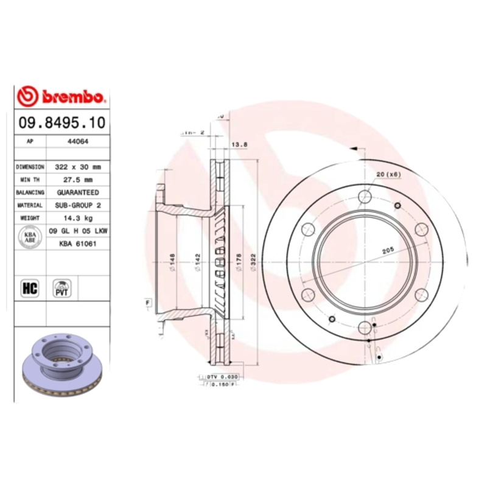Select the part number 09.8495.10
(62, 122)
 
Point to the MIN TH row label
(30, 180)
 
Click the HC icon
(30, 288)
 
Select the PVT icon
(62, 287)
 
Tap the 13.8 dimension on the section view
(240, 144)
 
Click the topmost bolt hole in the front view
(365, 196)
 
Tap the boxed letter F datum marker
(147, 302)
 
